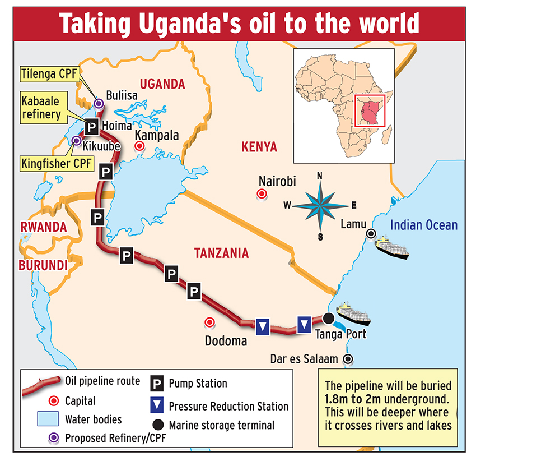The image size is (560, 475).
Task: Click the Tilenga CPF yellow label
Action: point(49,73)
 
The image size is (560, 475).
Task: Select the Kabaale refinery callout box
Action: point(41,108)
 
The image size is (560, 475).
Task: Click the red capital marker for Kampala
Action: point(139,146)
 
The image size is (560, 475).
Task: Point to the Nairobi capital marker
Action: point(261,194)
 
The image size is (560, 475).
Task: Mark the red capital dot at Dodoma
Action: point(210,322)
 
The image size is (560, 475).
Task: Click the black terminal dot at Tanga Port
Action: point(328,318)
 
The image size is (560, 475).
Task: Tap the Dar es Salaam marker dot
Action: point(348,359)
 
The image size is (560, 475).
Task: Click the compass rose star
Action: point(320,205)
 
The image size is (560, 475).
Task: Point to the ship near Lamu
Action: point(392,247)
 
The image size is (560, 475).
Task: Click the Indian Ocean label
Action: point(423,225)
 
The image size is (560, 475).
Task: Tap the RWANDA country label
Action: point(43,227)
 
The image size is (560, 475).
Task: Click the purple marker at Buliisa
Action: point(99,103)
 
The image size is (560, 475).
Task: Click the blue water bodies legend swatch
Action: point(47,419)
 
